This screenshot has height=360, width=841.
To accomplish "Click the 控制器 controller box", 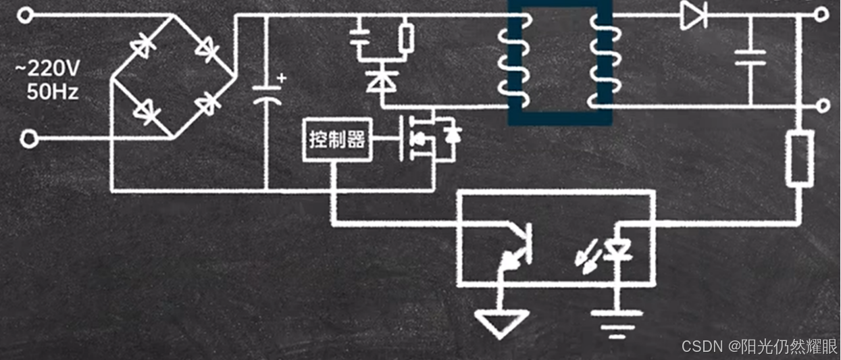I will click(337, 140).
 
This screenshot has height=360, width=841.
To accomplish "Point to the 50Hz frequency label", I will click(52, 91).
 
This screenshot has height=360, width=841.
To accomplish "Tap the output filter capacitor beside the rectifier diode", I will click(750, 57).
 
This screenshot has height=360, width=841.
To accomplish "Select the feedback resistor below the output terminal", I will click(799, 158).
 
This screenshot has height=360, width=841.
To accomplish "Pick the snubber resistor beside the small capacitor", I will click(406, 38).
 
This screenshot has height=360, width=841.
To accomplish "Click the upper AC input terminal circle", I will click(25, 15).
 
